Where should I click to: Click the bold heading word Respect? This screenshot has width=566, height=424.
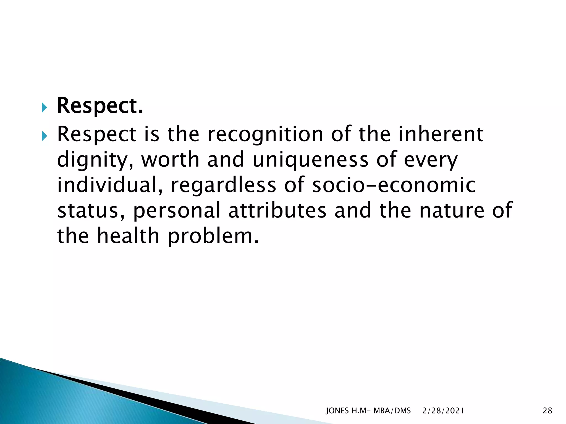(x=100, y=106)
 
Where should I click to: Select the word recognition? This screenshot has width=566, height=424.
(x=265, y=134)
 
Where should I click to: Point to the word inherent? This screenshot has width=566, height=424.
(x=441, y=134)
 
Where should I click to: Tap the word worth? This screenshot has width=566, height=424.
(x=170, y=160)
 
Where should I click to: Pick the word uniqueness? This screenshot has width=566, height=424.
(x=310, y=160)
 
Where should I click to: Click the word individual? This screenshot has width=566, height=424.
(x=109, y=185)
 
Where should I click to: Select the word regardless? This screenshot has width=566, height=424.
(x=223, y=185)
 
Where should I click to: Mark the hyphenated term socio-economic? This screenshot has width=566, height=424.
(x=394, y=185)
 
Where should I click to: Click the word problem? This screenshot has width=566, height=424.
(x=213, y=237)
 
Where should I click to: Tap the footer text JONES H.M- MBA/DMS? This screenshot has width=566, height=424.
(x=368, y=411)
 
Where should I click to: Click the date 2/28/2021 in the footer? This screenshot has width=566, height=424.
(x=443, y=411)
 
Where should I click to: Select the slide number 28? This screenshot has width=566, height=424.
(x=547, y=411)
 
